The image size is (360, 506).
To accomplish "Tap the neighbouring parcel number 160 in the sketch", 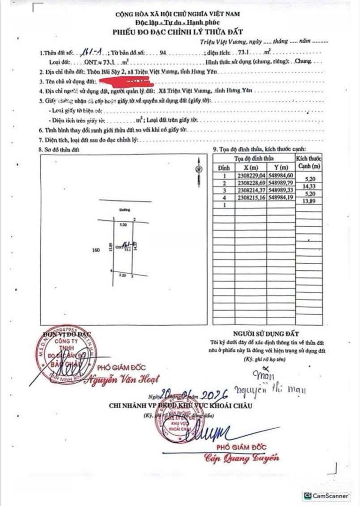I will [x=97, y=250].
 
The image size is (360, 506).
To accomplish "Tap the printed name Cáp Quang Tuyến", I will [x=241, y=458].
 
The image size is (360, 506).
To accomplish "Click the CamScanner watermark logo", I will [x=327, y=495].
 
